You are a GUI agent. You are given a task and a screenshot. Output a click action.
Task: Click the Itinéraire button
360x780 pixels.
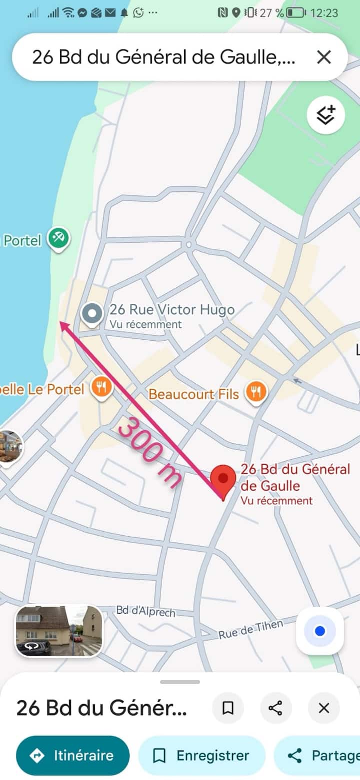[x=73, y=756]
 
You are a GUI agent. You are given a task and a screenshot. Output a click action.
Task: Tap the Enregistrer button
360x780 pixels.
[x=201, y=756]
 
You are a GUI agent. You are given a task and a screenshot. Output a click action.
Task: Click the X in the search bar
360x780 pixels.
[x=324, y=57]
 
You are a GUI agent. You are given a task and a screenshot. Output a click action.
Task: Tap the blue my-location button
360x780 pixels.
[x=320, y=631]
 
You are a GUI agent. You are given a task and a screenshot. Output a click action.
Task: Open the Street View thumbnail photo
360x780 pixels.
[x=59, y=631]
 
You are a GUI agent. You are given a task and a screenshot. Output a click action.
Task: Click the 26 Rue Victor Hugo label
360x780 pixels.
[x=172, y=310]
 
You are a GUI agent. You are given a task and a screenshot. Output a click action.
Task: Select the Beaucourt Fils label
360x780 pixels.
[x=193, y=394]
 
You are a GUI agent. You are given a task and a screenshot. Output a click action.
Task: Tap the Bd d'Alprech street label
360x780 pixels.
[x=145, y=611]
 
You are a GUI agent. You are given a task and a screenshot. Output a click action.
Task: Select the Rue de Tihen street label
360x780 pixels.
[x=250, y=629]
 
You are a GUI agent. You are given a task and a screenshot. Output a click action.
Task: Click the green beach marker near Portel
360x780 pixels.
[x=58, y=238]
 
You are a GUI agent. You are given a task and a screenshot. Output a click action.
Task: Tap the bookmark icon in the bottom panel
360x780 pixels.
[x=228, y=708]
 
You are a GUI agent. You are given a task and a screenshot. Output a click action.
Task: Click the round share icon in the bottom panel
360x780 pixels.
[x=275, y=708]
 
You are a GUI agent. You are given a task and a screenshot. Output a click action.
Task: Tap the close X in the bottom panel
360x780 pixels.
[x=324, y=708]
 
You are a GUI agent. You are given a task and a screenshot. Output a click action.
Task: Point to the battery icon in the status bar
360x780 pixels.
[x=295, y=12]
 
